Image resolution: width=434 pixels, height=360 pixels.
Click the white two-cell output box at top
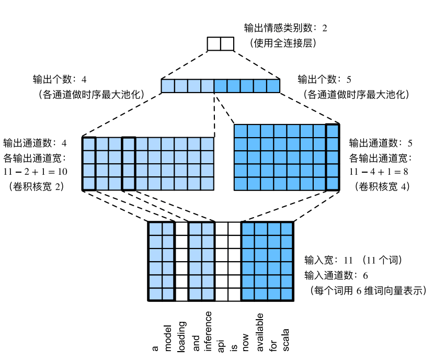click(220, 44)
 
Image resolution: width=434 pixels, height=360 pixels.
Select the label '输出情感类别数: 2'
click(285, 27)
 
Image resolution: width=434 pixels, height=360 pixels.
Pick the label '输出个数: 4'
click(60, 80)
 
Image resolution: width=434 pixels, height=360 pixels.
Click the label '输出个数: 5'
click(324, 80)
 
